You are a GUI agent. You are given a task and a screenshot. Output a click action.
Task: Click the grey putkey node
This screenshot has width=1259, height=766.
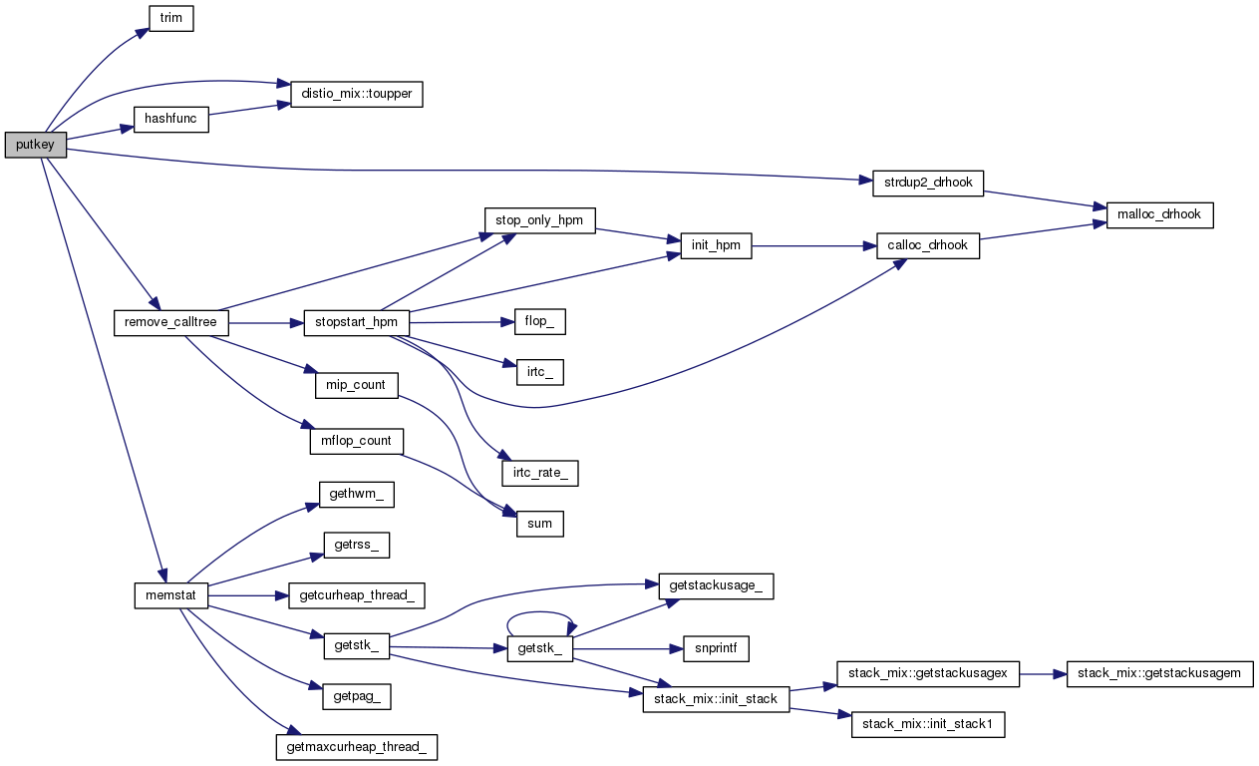click(x=35, y=146)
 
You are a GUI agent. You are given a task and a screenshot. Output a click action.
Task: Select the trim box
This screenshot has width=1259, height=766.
click(x=170, y=18)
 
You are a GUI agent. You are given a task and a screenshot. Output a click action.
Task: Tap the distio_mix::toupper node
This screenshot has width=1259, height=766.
click(x=357, y=94)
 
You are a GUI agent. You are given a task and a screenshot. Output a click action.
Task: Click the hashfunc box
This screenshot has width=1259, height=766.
click(x=170, y=120)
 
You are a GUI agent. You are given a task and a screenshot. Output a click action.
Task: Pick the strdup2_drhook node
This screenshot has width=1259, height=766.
click(x=928, y=183)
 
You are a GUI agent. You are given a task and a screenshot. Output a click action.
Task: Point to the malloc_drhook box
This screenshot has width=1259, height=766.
click(x=1159, y=214)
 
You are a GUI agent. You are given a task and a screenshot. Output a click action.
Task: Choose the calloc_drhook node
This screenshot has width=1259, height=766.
click(x=928, y=246)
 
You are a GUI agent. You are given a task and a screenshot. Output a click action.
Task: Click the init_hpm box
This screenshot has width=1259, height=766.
click(x=716, y=246)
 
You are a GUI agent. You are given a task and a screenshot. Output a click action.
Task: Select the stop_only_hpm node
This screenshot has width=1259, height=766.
click(x=539, y=220)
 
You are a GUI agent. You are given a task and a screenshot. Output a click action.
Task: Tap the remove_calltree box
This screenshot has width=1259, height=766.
click(x=171, y=323)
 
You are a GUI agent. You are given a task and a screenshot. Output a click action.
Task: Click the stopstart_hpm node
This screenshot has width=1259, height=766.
click(x=357, y=323)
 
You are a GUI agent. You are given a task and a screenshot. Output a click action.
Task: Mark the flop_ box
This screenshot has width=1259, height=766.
click(x=539, y=322)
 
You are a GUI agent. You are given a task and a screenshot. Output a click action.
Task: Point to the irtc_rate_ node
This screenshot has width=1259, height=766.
click(x=539, y=472)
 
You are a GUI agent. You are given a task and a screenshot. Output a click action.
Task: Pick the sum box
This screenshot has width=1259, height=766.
click(x=539, y=524)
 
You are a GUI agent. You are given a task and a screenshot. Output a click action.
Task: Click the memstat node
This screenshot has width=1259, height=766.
click(x=170, y=596)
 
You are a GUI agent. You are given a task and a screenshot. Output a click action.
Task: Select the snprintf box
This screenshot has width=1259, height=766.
click(x=716, y=648)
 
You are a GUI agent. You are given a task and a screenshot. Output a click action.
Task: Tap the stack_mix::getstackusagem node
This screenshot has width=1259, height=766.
click(x=1159, y=674)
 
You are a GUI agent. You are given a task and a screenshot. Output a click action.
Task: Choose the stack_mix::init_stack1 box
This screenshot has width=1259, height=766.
click(x=928, y=725)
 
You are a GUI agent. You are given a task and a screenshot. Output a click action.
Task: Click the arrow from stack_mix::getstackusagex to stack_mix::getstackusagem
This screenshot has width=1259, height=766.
click(x=1043, y=674)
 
